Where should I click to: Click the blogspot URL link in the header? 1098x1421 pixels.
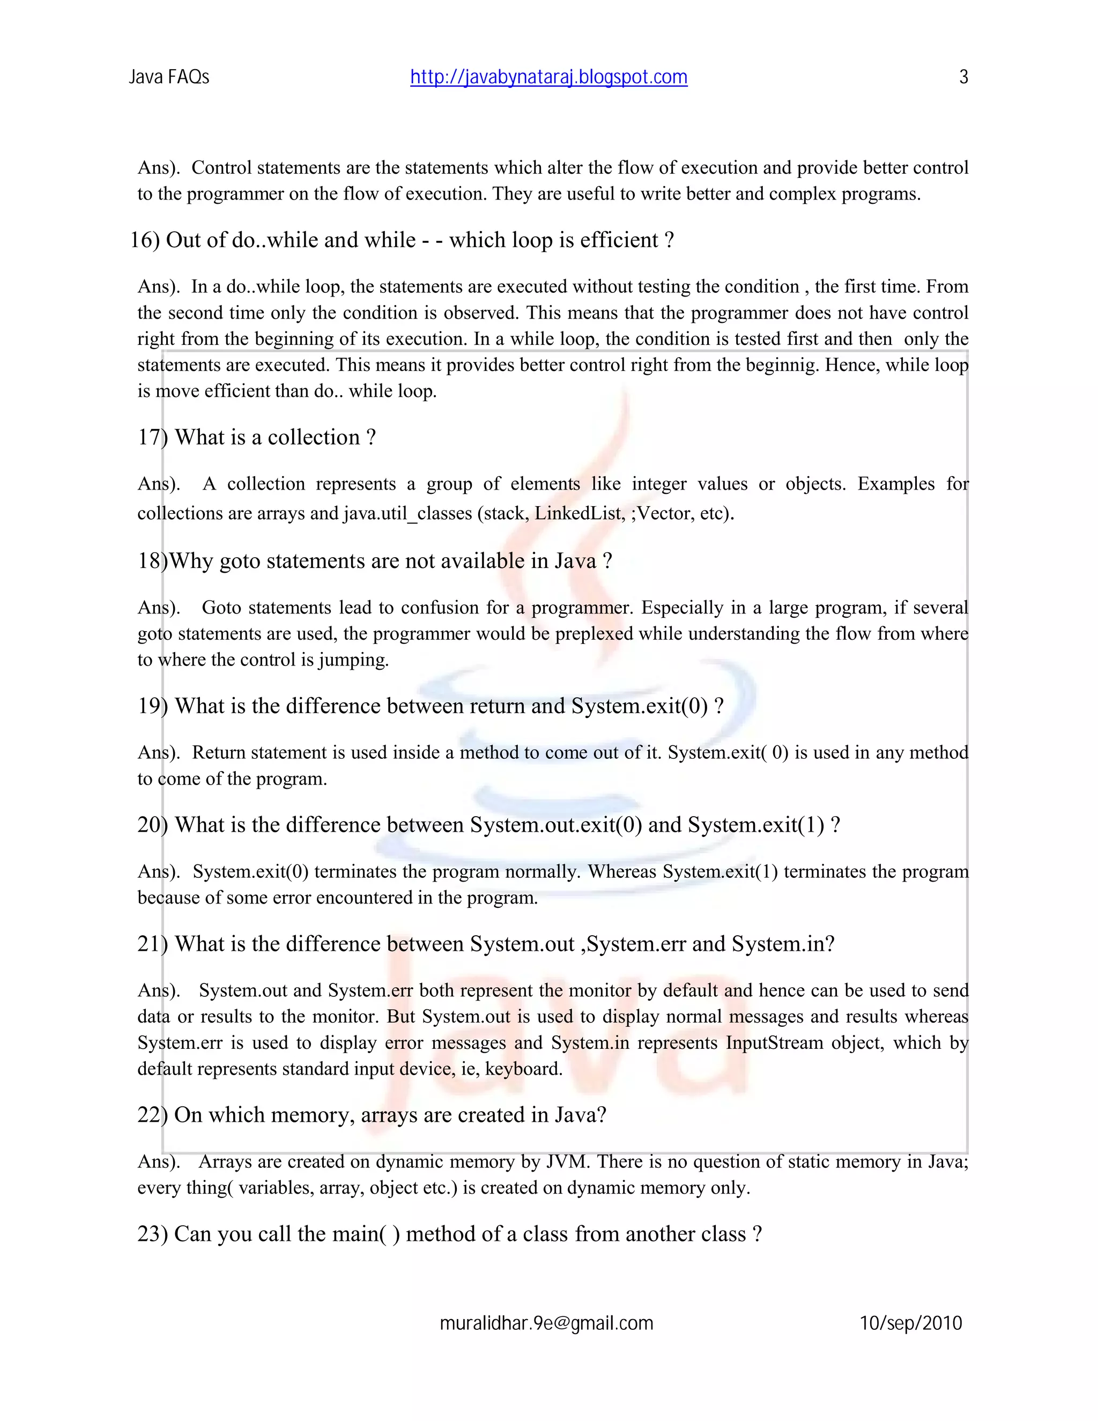point(548,77)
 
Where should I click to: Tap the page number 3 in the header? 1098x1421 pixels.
point(963,77)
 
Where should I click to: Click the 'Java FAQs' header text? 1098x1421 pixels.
point(168,77)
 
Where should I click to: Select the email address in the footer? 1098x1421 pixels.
point(546,1323)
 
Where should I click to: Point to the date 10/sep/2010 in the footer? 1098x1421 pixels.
point(911,1323)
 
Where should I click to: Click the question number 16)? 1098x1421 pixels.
point(144,240)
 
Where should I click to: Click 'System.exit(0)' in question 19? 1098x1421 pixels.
point(639,706)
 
